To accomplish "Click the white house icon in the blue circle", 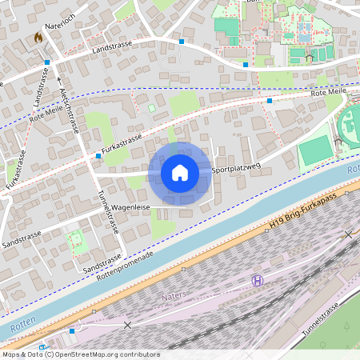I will pyautogui.click(x=180, y=173).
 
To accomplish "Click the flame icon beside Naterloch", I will pyautogui.click(x=38, y=38).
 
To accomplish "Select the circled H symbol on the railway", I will pyautogui.click(x=258, y=280).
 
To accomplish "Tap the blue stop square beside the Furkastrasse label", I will pyautogui.click(x=98, y=155).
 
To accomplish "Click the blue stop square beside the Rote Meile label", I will pyautogui.click(x=270, y=101).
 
